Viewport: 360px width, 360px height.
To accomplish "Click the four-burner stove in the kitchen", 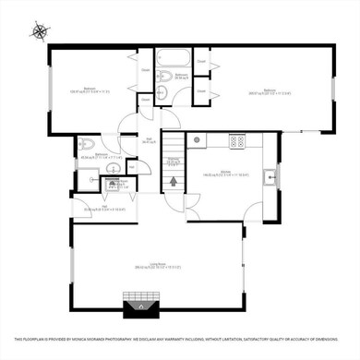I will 236,142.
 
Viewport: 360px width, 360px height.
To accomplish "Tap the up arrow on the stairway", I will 172,181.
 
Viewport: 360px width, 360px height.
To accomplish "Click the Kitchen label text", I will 224,172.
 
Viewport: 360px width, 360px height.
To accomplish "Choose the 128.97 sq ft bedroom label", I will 90,90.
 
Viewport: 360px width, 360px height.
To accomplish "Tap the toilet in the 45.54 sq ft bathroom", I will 86,144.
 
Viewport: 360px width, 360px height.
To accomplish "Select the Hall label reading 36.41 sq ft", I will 148,140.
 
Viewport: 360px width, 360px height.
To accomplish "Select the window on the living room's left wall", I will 71,264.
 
